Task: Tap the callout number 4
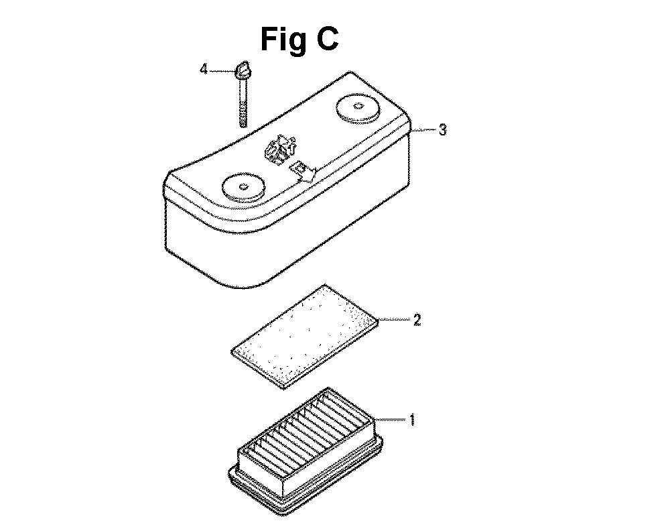204,69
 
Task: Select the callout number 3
443,129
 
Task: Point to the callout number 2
417,319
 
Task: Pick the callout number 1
412,420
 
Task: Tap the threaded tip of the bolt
243,121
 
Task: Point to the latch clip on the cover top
280,150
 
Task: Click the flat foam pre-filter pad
305,336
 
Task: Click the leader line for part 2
395,319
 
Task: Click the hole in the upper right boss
358,106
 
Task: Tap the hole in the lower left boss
244,186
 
